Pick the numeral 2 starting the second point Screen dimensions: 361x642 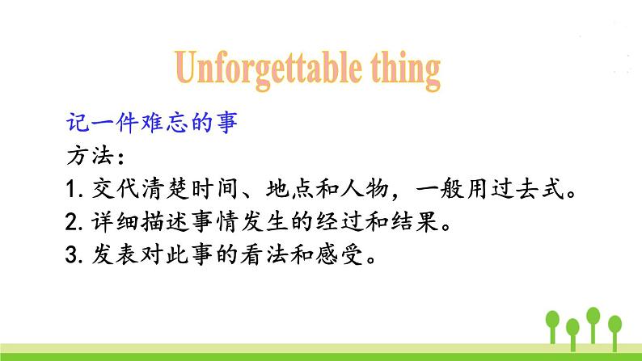(x=70, y=222)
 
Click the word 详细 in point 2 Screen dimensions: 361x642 (x=109, y=222)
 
